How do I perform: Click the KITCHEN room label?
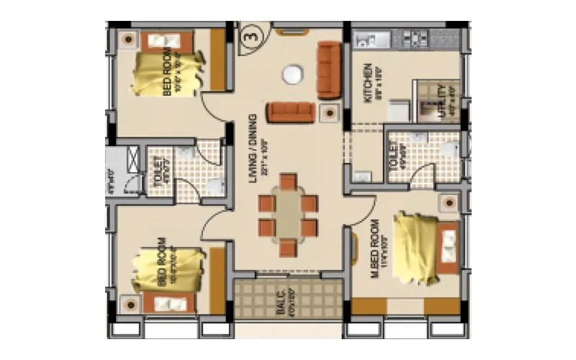click(x=368, y=84)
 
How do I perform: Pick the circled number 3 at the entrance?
click(x=251, y=33)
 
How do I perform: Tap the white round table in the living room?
click(x=292, y=74)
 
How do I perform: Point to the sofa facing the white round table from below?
click(x=291, y=112)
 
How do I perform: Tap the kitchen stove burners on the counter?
click(x=417, y=36)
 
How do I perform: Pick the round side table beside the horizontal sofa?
click(x=329, y=112)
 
